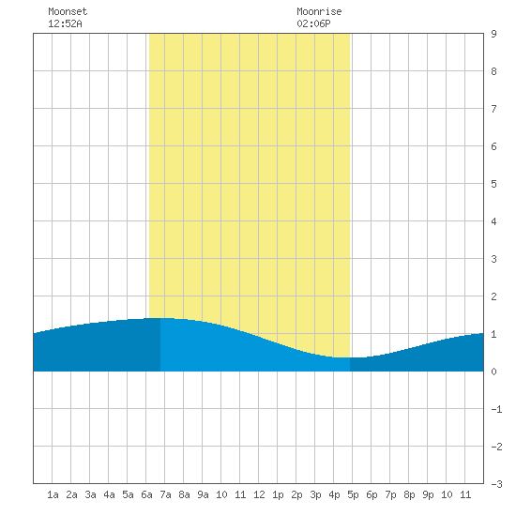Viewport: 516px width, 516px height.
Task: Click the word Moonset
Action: (x=68, y=11)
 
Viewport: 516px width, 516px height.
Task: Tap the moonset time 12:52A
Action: (x=65, y=23)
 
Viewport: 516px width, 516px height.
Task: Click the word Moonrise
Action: (x=319, y=11)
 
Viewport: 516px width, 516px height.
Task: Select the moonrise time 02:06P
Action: (x=313, y=23)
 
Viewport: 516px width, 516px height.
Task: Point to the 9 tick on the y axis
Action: (x=493, y=34)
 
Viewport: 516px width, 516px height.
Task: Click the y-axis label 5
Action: (x=493, y=184)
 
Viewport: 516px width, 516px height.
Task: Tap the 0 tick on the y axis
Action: (x=493, y=372)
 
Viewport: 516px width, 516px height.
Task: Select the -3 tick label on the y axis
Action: (x=496, y=484)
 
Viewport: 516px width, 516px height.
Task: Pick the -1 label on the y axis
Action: (x=496, y=409)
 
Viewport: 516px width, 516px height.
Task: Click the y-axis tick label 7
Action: (x=493, y=109)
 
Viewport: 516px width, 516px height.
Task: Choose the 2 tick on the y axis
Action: (x=493, y=296)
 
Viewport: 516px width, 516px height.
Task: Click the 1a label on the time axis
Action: (x=53, y=494)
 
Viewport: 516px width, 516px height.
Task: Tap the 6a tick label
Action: (x=146, y=494)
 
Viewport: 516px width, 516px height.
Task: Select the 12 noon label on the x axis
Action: (x=259, y=494)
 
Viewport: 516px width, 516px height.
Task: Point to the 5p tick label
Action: (x=353, y=494)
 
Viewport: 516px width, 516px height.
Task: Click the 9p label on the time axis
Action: (x=428, y=494)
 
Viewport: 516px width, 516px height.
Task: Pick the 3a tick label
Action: (x=90, y=494)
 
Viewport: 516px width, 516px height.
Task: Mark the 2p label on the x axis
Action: (x=296, y=494)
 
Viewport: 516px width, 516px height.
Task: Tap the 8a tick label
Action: (x=184, y=494)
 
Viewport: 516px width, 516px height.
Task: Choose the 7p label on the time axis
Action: (x=390, y=494)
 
